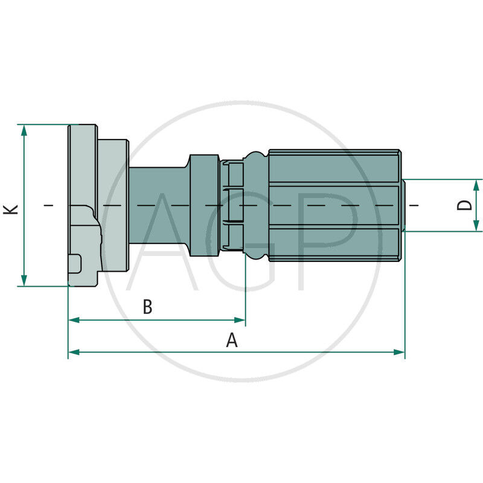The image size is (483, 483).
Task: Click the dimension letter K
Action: (x=11, y=209)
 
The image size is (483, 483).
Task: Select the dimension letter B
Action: (x=147, y=307)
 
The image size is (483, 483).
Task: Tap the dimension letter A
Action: (x=232, y=341)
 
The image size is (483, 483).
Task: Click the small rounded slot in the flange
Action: (x=75, y=264)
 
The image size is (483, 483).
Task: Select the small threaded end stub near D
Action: (x=409, y=205)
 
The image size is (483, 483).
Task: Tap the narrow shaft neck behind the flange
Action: (x=158, y=205)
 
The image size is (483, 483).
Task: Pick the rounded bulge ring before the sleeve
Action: (x=255, y=205)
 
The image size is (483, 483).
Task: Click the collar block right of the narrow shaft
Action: (x=204, y=205)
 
